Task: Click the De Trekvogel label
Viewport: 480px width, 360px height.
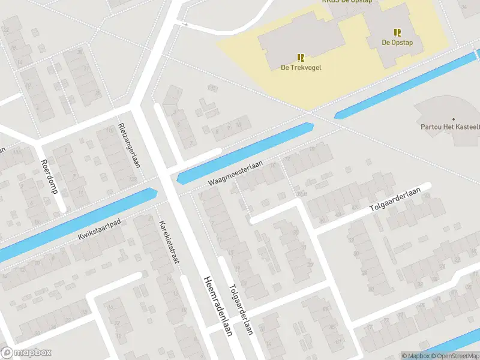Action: click(x=301, y=67)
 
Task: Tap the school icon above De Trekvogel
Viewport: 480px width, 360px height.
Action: click(x=301, y=58)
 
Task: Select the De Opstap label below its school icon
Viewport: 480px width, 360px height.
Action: click(x=397, y=42)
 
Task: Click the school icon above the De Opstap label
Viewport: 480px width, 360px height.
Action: click(x=397, y=32)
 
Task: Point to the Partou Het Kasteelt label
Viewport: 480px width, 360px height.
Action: click(x=449, y=127)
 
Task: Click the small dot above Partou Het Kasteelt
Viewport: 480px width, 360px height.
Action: click(x=453, y=119)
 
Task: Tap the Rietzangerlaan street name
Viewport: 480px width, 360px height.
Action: click(x=129, y=145)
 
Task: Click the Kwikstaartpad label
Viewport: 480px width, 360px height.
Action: click(x=100, y=230)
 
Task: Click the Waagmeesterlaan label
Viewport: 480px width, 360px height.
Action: click(x=236, y=175)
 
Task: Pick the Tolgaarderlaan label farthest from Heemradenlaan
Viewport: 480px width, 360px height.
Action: click(x=396, y=200)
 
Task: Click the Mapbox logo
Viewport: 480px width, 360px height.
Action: click(x=26, y=353)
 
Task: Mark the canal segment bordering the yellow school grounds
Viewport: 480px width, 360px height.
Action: click(x=408, y=84)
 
